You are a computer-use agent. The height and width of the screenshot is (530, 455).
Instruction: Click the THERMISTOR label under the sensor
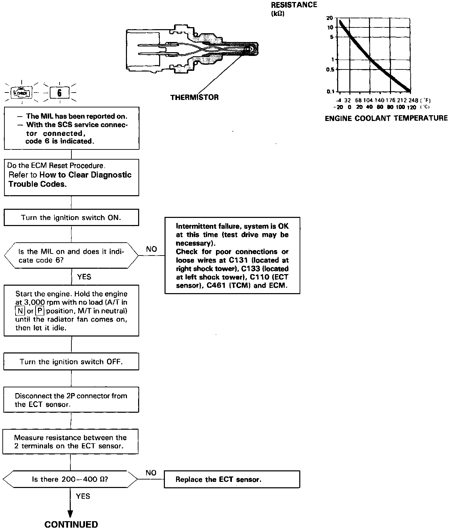[x=194, y=98]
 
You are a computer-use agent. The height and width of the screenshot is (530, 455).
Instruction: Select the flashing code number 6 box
[x=60, y=93]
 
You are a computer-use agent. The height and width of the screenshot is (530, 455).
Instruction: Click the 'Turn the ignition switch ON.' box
[x=71, y=218]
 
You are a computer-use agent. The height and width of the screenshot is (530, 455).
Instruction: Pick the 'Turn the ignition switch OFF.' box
[x=71, y=362]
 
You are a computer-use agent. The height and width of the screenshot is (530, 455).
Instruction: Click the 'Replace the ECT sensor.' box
[x=232, y=479]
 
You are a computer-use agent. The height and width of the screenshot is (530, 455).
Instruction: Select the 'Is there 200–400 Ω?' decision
[x=70, y=479]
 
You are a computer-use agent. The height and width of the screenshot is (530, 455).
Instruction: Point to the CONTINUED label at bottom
[x=71, y=524]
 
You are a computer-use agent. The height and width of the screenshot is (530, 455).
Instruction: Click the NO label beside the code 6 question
[x=151, y=249]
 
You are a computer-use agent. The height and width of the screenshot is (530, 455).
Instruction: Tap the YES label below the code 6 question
[x=84, y=277]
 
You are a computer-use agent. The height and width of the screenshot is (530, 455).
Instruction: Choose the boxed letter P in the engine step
[x=40, y=311]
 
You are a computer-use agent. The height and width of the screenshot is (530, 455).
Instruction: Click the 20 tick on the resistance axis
[x=329, y=18]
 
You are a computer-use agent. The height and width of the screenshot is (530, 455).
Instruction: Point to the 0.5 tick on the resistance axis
[x=329, y=69]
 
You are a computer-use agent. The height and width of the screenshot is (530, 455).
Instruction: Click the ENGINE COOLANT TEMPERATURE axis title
[x=386, y=118]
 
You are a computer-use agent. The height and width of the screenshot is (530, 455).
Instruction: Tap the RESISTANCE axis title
[x=294, y=5]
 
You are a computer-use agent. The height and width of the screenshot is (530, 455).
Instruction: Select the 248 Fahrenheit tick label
[x=413, y=100]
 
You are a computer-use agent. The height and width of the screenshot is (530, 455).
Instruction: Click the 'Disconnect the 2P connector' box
[x=71, y=400]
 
